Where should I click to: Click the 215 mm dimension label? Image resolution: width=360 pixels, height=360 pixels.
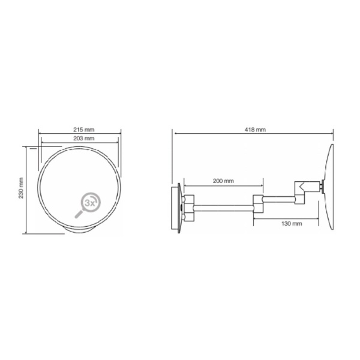click(84, 130)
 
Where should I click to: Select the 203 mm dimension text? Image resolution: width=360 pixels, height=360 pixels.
click(84, 139)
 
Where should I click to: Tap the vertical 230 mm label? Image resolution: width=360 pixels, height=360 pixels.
click(21, 188)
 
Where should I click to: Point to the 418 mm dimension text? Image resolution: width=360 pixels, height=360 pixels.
click(255, 130)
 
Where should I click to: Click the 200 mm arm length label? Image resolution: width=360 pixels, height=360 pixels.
click(223, 181)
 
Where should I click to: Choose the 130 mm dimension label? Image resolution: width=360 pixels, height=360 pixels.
click(292, 223)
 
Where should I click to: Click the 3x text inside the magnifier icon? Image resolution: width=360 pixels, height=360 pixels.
click(90, 203)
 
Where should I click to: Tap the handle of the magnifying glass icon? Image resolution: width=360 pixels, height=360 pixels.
click(79, 214)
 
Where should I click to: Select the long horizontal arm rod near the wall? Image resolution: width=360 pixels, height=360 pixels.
click(224, 208)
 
